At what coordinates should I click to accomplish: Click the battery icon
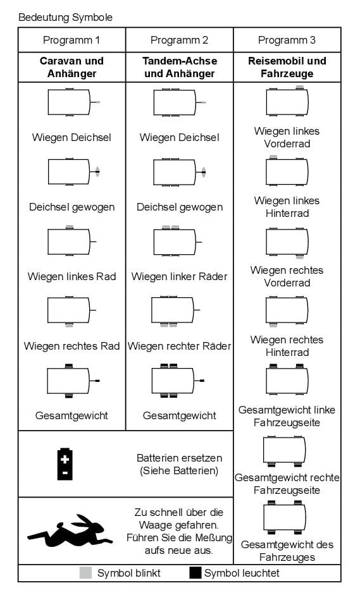coord(65,463)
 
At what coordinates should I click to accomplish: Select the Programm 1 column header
coord(71,40)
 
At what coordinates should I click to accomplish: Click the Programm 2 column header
coord(179,40)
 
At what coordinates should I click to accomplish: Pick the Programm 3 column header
coord(287,40)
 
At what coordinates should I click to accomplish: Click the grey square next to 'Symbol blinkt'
coord(85,573)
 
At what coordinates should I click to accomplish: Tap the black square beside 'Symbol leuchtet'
coord(196,573)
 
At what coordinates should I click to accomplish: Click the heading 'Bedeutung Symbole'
coord(66,18)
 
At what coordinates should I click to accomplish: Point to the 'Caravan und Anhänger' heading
coord(71,67)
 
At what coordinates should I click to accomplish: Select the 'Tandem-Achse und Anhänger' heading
coord(180,67)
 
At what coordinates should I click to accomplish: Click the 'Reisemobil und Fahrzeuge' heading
coord(287,67)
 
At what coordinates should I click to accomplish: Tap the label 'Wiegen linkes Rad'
coord(71,276)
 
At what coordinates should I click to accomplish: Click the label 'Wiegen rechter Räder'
coord(180,346)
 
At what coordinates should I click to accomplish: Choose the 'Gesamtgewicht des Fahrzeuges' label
coord(287,551)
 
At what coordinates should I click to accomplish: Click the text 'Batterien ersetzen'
coord(180,458)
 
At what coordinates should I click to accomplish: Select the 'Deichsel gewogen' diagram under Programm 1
coord(73,171)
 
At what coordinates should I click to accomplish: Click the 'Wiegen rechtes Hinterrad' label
coord(287,346)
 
